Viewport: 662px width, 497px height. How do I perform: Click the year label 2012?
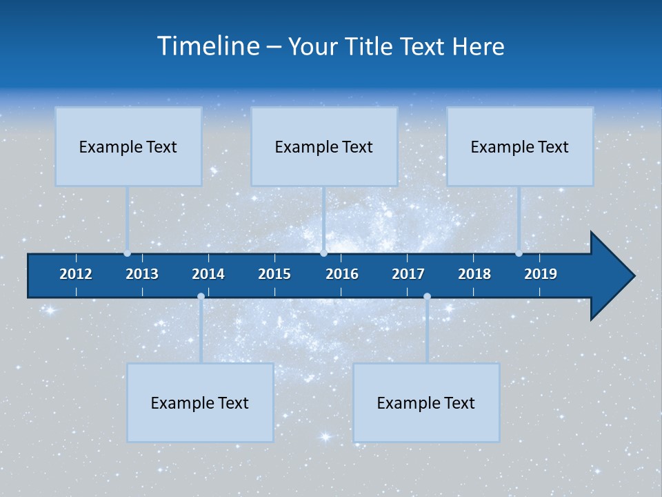point(76,274)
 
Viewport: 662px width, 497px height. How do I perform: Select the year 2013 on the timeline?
point(142,274)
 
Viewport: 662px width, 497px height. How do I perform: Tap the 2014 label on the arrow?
point(208,274)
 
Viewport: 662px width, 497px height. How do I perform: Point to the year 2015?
point(274,274)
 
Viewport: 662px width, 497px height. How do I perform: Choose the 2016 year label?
point(342,274)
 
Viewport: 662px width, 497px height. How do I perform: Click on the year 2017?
point(408,274)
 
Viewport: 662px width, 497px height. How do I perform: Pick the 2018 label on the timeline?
point(474,274)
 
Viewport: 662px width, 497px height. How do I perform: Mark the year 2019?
point(541,274)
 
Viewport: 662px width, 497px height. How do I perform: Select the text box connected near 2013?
point(128,146)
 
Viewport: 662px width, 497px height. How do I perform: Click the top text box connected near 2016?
point(324,146)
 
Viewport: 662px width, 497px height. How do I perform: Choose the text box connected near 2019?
point(520,146)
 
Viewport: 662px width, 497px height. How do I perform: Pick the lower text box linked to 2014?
point(200,402)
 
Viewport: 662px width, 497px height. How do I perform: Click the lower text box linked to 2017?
point(426,402)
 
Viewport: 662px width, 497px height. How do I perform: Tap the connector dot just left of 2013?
point(127,253)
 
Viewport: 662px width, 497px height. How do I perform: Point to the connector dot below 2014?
point(201,297)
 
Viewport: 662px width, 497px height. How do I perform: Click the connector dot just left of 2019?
point(519,253)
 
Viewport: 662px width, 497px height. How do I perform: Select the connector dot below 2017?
point(427,297)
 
